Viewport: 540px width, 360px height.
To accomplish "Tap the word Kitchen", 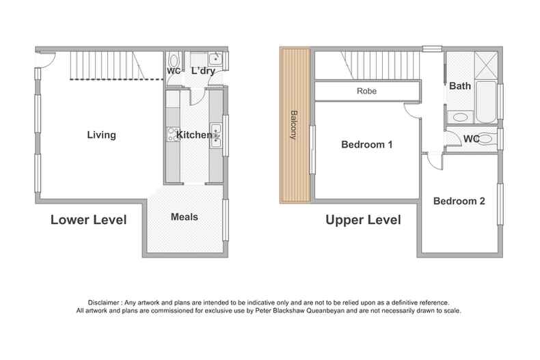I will [x=193, y=135].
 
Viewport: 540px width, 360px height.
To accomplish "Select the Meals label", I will [x=184, y=217].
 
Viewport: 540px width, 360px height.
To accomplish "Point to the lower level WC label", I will [x=173, y=71].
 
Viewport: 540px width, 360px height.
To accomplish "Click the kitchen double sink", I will [x=215, y=135].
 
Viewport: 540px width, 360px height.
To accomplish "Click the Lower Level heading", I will [x=88, y=220].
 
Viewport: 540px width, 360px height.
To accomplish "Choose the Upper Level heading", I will [x=362, y=220].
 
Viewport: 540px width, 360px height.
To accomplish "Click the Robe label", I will [x=366, y=91].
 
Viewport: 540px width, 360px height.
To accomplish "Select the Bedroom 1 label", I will [x=366, y=145].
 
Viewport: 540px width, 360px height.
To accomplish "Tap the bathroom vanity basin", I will [x=461, y=117].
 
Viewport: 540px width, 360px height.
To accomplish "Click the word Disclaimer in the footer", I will [x=105, y=302].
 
